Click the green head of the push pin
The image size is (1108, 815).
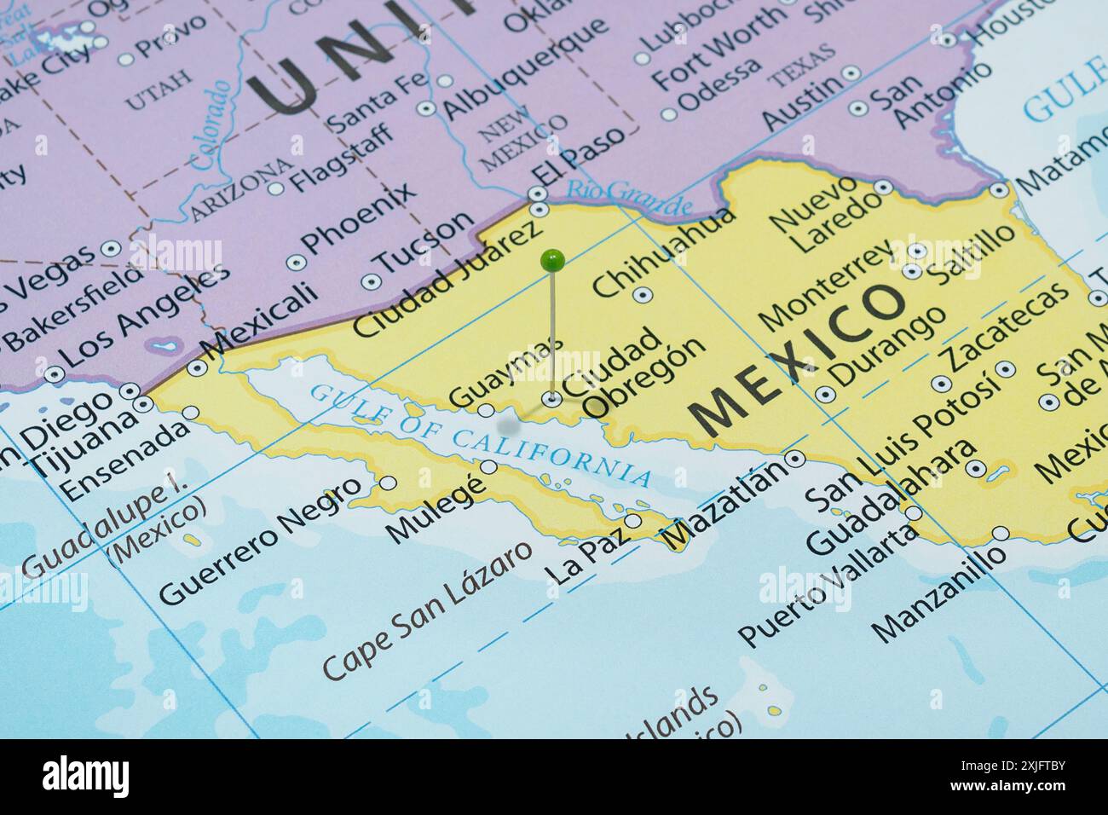point(553,257)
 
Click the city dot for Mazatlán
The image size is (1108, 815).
point(796,459)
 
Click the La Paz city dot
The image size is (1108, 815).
point(632,520)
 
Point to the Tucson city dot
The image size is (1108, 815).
point(369,281)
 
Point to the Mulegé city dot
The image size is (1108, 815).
point(489,466)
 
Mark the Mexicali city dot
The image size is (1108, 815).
point(198,367)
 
